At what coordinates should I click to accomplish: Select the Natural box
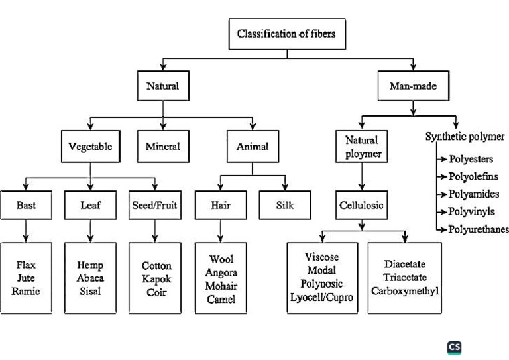pos(162,86)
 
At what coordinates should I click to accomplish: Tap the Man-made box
pos(413,86)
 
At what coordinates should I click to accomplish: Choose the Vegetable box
pos(90,147)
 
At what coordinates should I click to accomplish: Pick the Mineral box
pos(162,147)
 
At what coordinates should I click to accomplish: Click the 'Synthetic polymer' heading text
pos(465,137)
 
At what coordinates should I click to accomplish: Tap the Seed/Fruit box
pos(155,206)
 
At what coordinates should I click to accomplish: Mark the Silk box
pos(285,206)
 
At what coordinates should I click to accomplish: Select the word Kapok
pos(155,278)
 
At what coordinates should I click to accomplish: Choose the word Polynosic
pos(323,283)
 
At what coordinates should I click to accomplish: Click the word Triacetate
pos(405,278)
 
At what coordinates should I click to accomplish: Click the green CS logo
pos(454,347)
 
